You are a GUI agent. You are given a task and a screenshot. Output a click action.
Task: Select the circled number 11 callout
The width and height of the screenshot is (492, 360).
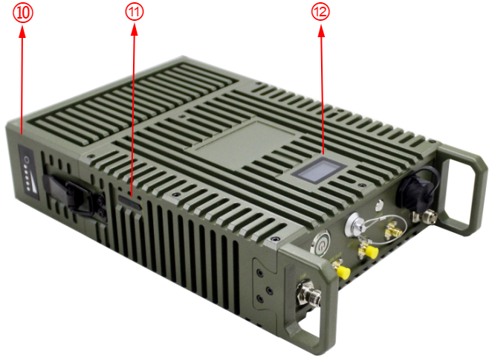135,12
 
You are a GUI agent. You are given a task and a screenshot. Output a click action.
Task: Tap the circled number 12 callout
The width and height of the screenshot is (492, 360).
320,12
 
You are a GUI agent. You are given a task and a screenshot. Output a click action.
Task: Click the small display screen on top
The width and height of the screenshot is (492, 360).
319,170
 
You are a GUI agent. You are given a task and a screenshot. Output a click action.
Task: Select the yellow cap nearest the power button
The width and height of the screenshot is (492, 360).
343,271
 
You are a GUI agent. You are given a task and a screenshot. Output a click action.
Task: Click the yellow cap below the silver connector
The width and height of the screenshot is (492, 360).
372,251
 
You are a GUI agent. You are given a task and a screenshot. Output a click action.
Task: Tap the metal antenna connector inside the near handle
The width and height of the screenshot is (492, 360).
310,295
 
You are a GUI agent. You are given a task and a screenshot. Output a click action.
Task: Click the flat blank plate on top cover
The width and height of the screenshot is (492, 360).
241,142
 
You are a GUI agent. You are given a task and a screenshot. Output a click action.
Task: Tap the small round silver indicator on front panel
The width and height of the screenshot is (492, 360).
380,205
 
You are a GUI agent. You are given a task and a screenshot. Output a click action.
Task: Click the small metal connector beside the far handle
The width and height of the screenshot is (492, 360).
426,216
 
